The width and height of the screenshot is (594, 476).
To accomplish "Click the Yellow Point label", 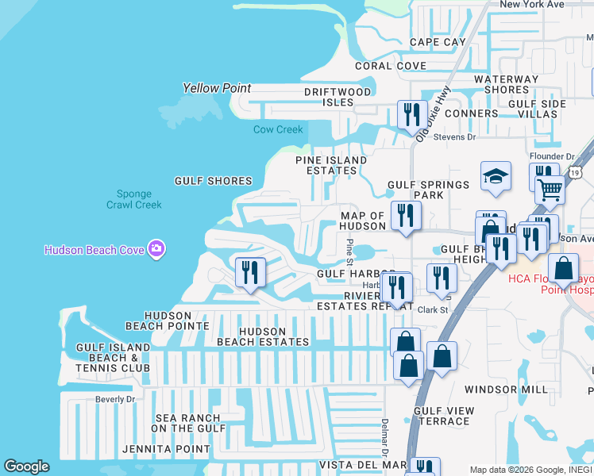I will [217, 88].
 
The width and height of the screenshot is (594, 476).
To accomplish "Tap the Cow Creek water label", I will [278, 129].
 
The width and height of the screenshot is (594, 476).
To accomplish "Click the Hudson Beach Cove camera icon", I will [156, 249].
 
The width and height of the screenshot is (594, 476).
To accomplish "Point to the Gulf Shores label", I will [213, 181].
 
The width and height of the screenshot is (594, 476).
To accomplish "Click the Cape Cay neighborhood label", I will [438, 42].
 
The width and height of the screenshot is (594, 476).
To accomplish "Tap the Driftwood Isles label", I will [337, 97].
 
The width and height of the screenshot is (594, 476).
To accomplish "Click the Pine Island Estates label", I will [331, 165].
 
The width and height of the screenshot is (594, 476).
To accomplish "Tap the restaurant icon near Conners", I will [412, 114].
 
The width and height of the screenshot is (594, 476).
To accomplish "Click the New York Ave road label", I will [532, 4].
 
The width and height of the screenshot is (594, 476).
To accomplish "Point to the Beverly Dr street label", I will [115, 399].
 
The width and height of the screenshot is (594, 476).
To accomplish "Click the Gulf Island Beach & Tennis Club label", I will [113, 358].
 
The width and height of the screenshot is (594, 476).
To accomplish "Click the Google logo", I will [26, 466].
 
